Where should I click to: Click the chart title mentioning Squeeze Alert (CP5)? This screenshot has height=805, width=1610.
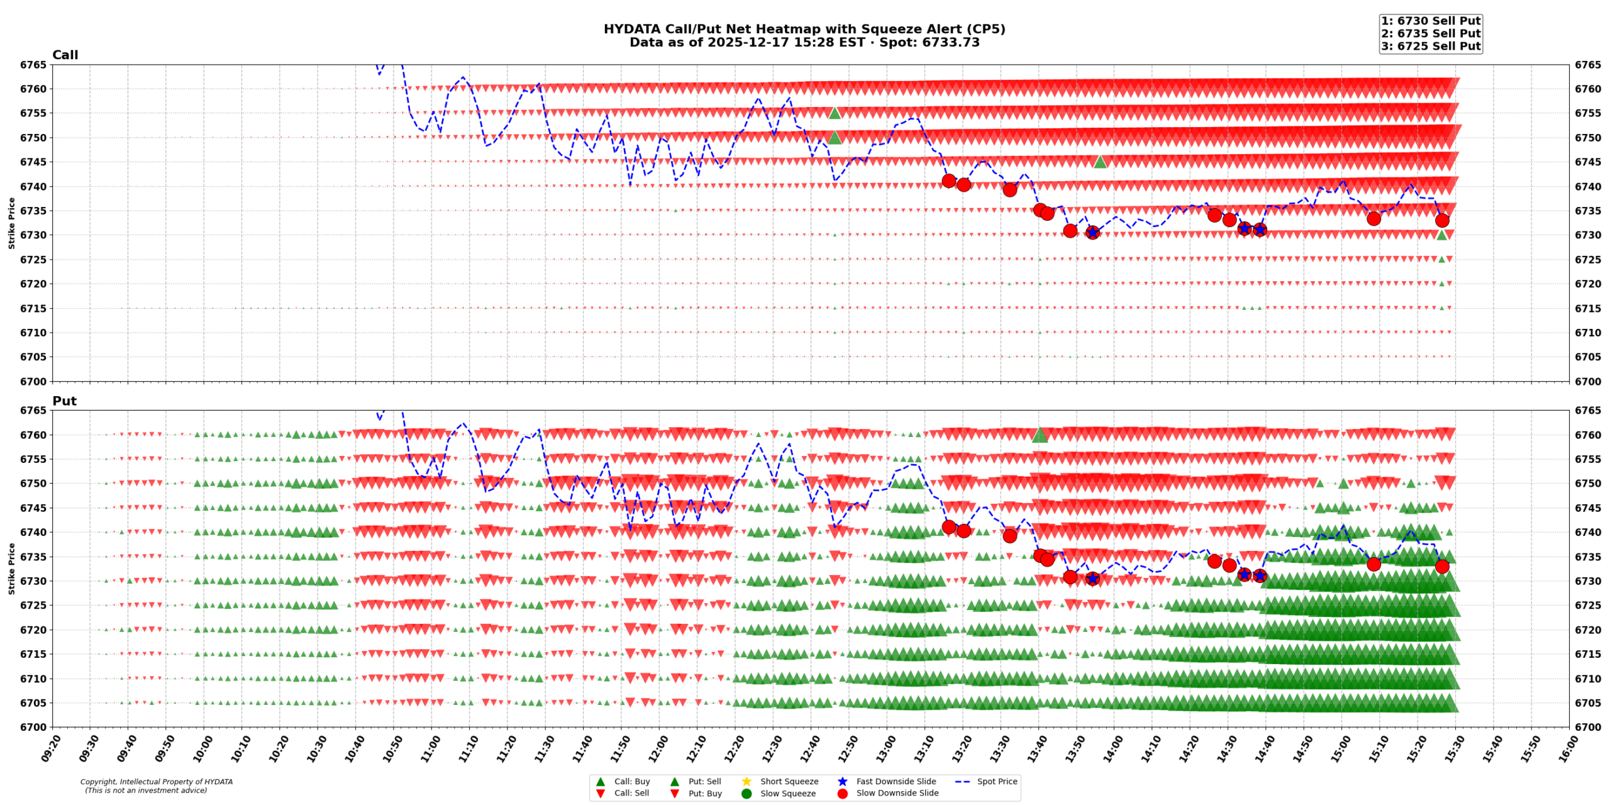pos(804,29)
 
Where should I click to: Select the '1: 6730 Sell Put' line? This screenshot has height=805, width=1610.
pos(1430,21)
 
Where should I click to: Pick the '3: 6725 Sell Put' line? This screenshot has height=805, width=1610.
pos(1430,46)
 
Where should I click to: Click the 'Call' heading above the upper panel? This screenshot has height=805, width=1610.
pos(65,55)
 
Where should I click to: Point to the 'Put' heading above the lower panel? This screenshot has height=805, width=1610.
pos(64,401)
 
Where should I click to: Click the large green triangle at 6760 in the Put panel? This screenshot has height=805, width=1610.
pos(1040,435)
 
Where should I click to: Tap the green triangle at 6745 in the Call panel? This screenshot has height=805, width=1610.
pos(1100,162)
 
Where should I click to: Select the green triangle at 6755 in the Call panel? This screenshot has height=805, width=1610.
pos(835,113)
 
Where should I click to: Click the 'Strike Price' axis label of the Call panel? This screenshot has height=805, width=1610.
pos(11,223)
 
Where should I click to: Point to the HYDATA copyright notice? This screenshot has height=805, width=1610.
pos(156,786)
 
